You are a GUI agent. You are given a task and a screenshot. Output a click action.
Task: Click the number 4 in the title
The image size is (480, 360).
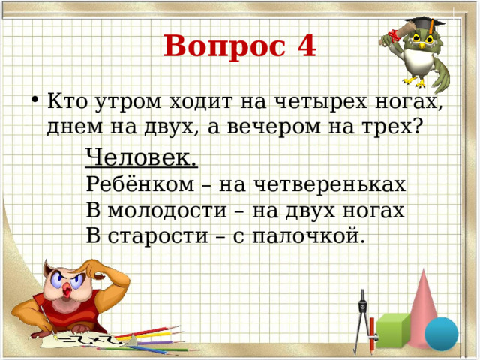(302, 46)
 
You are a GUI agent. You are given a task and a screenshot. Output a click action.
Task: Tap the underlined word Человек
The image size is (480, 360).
(142, 157)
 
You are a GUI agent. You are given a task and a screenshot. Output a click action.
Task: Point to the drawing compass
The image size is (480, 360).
(365, 319)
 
